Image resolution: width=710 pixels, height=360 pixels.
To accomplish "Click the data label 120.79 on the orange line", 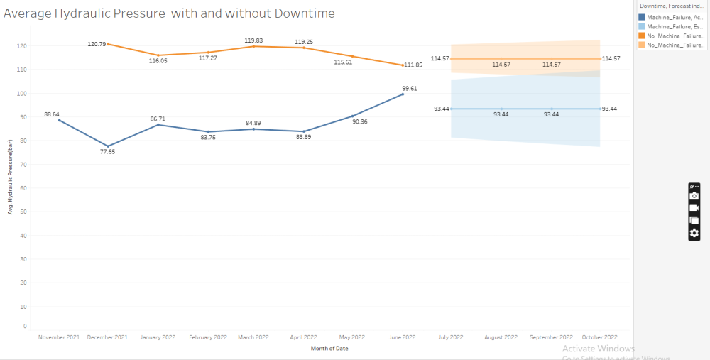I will tap(97, 44).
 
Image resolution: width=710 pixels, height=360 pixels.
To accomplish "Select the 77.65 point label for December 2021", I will tap(109, 152).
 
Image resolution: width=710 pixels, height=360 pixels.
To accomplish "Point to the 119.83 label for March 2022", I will tap(254, 40).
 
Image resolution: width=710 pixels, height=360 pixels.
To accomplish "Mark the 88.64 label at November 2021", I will tap(52, 114).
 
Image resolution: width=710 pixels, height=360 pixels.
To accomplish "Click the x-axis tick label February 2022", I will tap(209, 337).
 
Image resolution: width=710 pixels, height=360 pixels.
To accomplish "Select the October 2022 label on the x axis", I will tap(600, 337).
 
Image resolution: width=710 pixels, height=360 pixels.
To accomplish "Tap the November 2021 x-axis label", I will tap(59, 337).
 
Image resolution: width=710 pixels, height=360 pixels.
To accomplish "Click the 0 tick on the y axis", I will tap(24, 327).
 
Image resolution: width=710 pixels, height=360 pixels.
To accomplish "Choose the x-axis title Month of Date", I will tap(329, 349).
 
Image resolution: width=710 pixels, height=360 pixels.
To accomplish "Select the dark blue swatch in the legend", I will tap(642, 17).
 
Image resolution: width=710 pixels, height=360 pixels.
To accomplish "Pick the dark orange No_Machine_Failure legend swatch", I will tap(642, 35).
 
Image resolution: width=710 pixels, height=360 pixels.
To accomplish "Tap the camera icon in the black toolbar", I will tap(694, 196).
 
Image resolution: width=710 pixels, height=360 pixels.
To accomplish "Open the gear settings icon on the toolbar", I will tap(694, 233).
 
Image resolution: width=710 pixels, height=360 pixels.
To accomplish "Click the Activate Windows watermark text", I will tap(598, 349).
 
